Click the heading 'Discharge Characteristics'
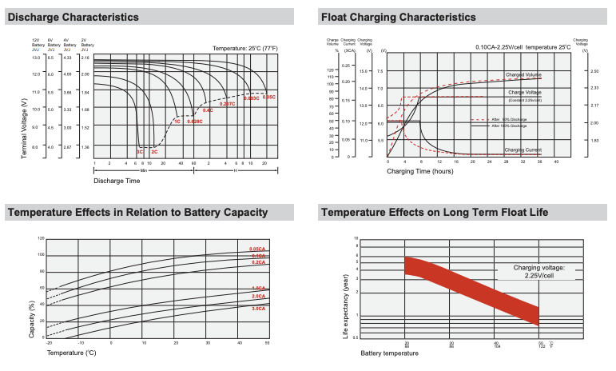pos(73,17)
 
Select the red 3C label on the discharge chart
pos(139,151)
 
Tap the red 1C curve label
pos(177,121)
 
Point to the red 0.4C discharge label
pos(208,110)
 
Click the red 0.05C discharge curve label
pos(269,97)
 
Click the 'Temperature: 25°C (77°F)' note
pos(244,49)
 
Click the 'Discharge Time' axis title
pos(117,182)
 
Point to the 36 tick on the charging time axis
pos(539,161)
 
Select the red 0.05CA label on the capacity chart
pos(257,249)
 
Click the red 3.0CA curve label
pos(257,307)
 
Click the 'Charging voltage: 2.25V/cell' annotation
pos(532,271)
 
